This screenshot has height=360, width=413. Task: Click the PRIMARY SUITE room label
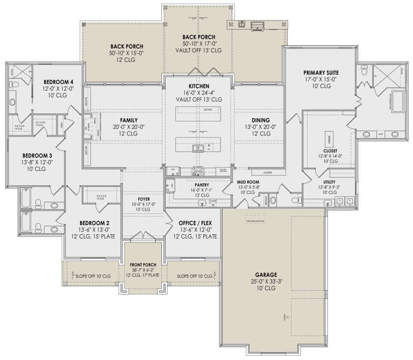(x=321, y=72)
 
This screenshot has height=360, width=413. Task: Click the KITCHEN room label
(x=198, y=86)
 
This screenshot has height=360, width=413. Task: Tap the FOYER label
(x=143, y=197)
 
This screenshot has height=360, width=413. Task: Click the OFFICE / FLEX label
(x=191, y=222)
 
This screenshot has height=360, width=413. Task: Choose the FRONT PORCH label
(x=143, y=265)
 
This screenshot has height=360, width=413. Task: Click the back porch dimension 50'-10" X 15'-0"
(x=123, y=53)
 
